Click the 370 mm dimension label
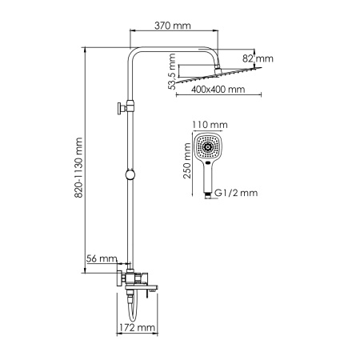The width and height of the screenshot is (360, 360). click(172, 26)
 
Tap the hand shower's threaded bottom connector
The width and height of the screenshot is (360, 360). click(209, 193)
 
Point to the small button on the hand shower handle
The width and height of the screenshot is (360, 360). click(209, 166)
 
